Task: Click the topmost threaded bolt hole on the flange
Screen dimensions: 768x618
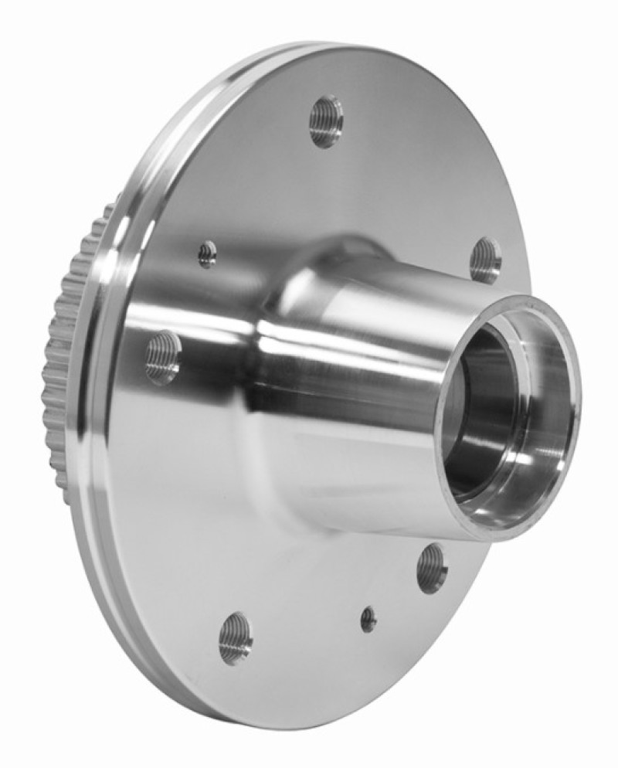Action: (326, 121)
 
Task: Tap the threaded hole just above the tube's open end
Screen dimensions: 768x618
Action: (485, 260)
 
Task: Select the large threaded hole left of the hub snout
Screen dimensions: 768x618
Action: (163, 358)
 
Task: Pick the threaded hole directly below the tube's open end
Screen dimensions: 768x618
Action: (432, 568)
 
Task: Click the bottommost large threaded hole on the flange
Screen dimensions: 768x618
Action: (235, 637)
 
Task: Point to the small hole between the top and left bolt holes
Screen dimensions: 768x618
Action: (207, 253)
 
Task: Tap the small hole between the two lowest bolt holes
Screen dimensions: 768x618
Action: (368, 618)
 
